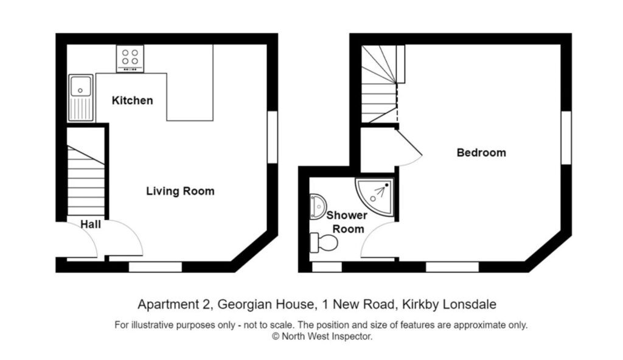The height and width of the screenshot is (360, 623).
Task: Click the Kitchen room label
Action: [132, 100]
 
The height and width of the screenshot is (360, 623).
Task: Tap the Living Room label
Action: [180, 191]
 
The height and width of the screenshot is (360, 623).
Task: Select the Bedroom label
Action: [481, 153]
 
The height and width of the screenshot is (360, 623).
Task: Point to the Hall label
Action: [91, 225]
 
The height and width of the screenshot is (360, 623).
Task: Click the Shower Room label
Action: [347, 222]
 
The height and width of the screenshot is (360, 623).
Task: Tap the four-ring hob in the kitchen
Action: [130, 58]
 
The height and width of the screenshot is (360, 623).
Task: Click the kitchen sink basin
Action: [80, 86]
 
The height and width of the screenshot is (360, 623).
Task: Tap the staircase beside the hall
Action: [86, 182]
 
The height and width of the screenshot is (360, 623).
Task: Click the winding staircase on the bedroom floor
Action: [379, 85]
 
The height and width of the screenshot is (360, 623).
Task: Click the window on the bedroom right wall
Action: [566, 137]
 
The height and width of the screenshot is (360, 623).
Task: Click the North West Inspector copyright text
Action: [321, 336]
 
